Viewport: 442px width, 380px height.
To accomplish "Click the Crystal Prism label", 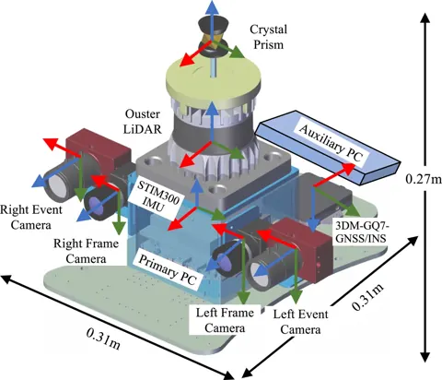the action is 269,37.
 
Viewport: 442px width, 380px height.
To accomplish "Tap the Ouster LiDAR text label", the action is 142,122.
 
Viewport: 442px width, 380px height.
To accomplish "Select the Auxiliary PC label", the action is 331,142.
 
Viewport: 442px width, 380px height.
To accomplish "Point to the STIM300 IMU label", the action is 157,196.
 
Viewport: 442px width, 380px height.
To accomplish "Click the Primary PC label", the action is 168,270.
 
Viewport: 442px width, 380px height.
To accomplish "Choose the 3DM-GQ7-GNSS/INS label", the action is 360,232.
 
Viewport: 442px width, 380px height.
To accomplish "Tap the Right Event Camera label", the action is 31,218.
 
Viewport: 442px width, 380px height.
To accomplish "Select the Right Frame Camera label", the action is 86,251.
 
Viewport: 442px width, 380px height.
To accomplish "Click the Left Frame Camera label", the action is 225,320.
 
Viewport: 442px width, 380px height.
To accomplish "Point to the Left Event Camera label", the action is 300,322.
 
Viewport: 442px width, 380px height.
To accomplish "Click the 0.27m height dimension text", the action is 424,179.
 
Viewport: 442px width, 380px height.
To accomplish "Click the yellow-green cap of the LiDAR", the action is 214,78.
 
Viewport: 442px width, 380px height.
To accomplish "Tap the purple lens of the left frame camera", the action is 224,262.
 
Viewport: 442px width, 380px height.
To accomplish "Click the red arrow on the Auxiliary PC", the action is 334,174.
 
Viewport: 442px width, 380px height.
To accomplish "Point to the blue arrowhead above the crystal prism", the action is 212,6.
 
